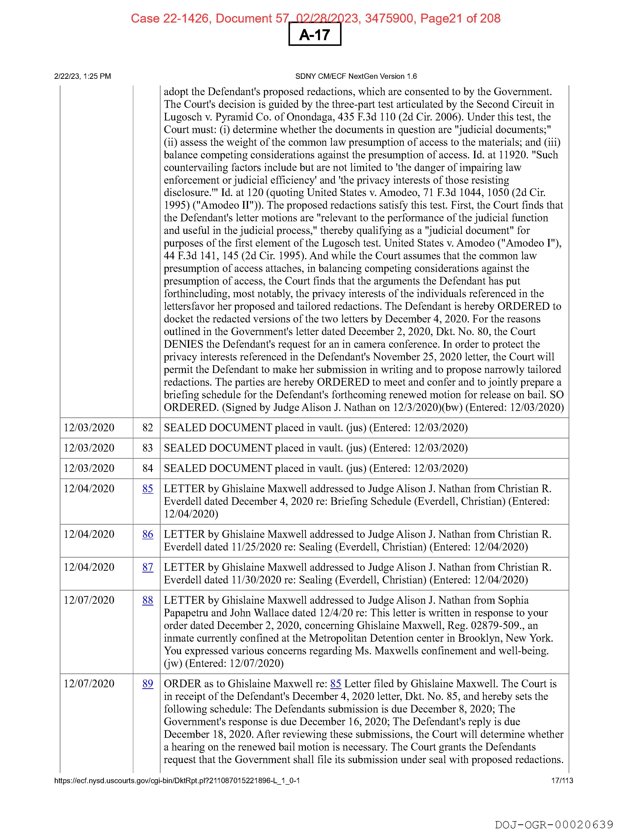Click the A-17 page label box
(x=315, y=35)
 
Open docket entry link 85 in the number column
(x=147, y=488)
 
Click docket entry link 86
(x=147, y=534)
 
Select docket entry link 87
(x=147, y=567)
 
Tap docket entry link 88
(x=147, y=600)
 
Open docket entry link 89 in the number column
(x=147, y=684)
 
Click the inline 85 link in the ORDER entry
(x=336, y=684)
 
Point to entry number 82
(x=147, y=428)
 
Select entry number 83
(x=147, y=448)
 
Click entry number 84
(x=147, y=468)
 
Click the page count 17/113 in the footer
(x=562, y=780)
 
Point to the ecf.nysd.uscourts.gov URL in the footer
(x=177, y=780)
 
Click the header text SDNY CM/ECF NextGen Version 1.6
(x=356, y=76)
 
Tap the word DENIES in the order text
(x=184, y=344)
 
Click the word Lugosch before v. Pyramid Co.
(x=183, y=117)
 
